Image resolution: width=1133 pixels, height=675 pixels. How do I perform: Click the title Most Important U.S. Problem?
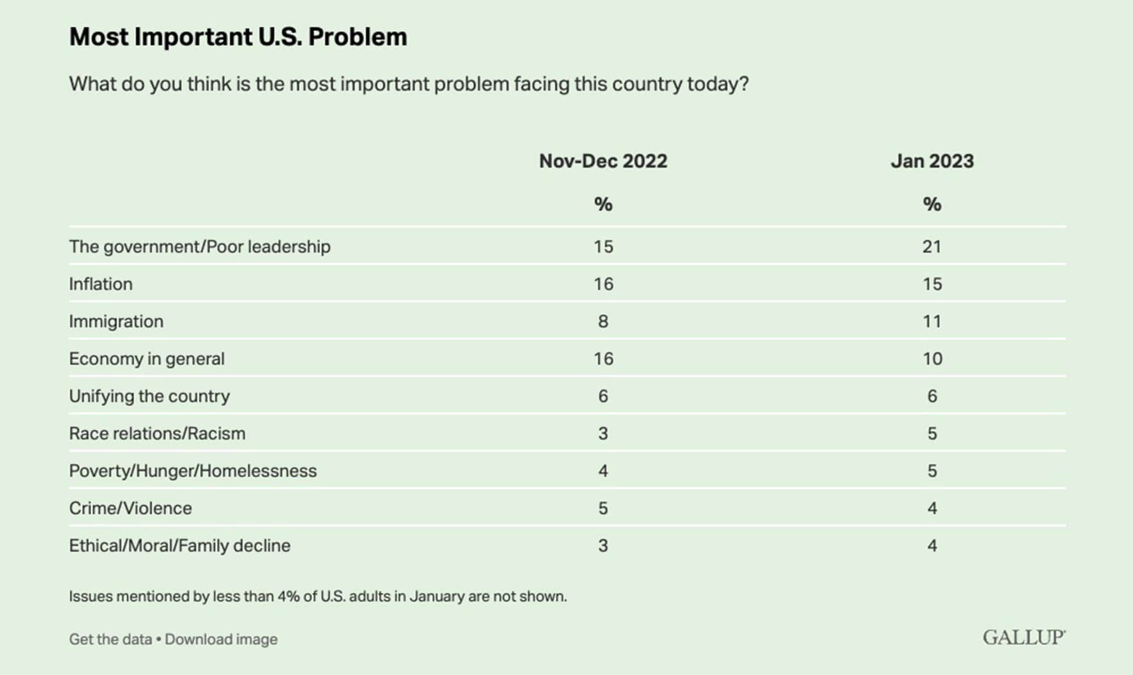point(238,37)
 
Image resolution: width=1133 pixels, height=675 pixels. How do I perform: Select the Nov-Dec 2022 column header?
point(603,161)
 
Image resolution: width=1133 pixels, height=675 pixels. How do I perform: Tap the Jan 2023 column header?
point(932,161)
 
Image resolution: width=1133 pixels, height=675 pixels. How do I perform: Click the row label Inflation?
point(101,284)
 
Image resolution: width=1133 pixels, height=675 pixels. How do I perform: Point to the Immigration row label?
point(116,321)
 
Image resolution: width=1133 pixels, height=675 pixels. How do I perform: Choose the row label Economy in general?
point(147,358)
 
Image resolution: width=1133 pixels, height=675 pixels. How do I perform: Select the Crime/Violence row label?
point(130,508)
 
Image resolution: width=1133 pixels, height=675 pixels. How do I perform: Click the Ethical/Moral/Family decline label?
point(180,545)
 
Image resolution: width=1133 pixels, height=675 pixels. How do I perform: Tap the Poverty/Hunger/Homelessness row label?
point(193,471)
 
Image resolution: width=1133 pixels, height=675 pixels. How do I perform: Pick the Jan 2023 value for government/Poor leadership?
point(932,246)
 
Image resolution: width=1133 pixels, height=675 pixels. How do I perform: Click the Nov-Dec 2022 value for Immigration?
point(603,321)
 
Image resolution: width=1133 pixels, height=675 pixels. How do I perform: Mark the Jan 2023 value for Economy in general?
point(932,358)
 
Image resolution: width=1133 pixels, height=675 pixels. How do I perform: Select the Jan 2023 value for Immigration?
point(932,321)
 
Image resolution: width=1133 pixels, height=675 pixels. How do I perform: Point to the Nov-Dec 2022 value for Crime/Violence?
point(603,508)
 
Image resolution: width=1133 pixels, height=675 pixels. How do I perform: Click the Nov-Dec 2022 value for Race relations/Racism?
point(603,433)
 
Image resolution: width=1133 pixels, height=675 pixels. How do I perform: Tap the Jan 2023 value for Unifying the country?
point(932,396)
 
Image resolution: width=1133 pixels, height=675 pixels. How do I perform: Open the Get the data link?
point(110,639)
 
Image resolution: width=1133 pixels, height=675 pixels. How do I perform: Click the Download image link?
point(221,639)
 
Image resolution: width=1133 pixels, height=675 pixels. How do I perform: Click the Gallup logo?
point(1024,638)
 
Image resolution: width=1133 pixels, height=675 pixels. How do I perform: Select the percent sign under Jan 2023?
point(932,204)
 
